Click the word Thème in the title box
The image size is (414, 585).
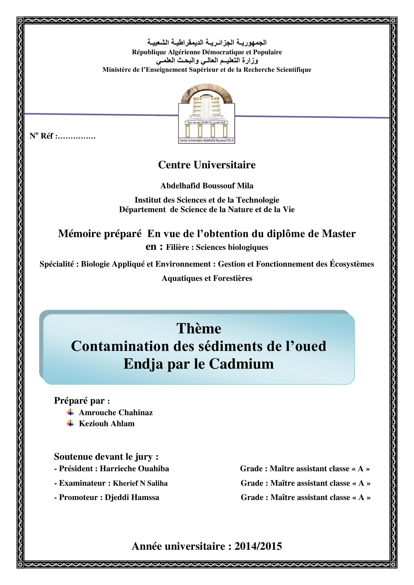coord(198,328)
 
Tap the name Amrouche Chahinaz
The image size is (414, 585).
coord(116,412)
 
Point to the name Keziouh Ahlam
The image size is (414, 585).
coord(107,423)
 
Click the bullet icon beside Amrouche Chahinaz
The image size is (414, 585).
coord(70,412)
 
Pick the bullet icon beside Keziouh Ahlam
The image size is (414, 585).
coord(70,423)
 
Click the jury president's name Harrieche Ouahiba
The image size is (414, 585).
coord(134,468)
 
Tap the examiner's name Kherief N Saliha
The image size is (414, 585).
coord(140,483)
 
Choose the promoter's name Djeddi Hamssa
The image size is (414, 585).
coord(132,497)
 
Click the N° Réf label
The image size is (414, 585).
coord(42,136)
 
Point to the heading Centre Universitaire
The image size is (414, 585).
coord(207,165)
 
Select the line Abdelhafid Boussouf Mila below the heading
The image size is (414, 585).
coord(207,186)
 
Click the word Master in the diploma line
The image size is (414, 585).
coord(339,234)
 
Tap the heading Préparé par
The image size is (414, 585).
coord(82,400)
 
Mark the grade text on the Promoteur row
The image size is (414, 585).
coord(305,497)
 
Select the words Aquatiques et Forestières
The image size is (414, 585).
coord(207,278)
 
